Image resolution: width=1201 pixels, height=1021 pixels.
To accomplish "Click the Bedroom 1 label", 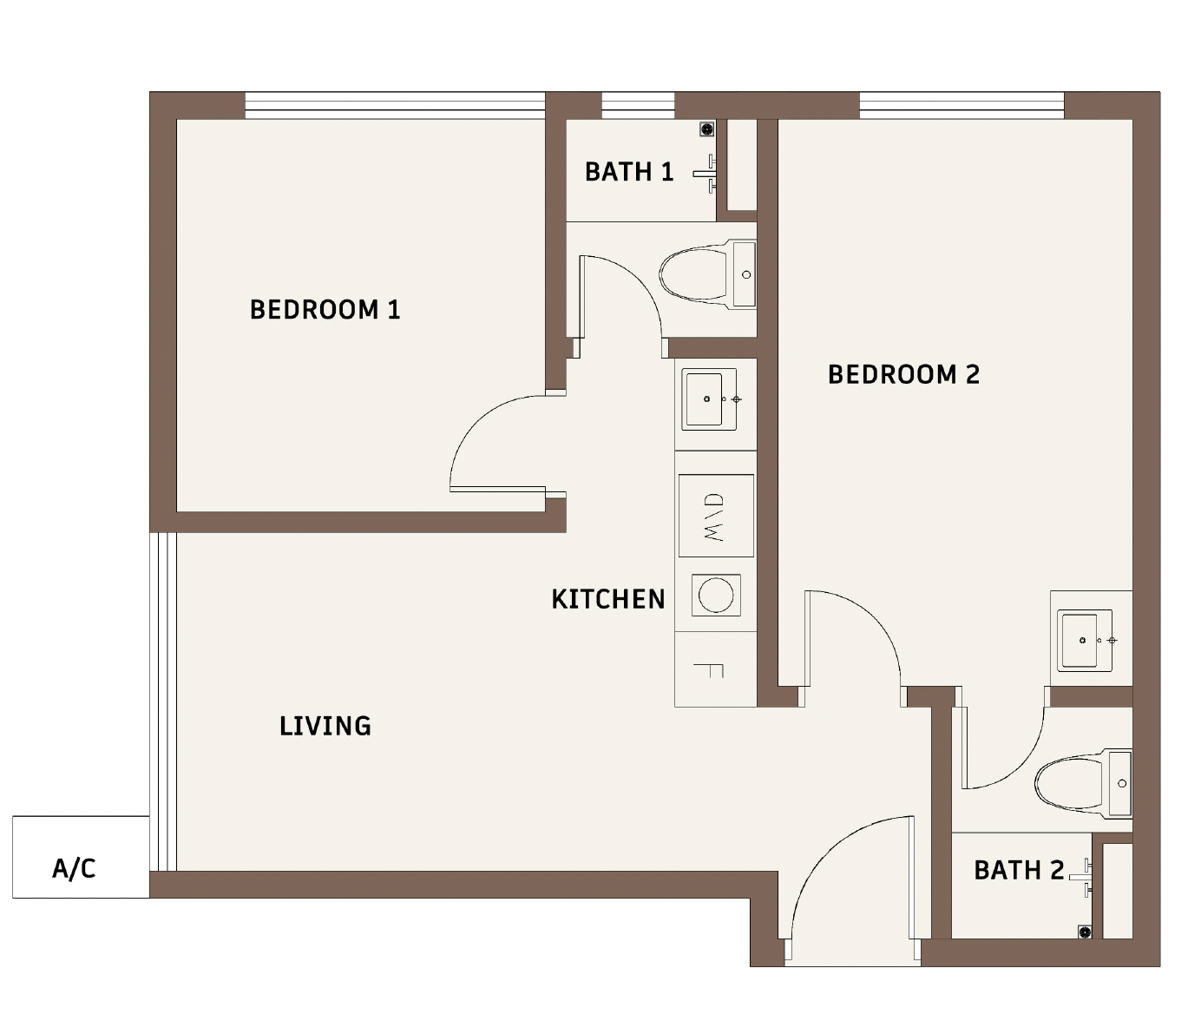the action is [325, 309].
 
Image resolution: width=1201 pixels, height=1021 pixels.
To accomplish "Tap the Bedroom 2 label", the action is [903, 374].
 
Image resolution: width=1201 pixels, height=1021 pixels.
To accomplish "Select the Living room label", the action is [325, 726].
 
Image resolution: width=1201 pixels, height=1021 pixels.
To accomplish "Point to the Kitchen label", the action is [607, 599].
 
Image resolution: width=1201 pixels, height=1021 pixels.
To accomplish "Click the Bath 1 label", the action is [628, 172].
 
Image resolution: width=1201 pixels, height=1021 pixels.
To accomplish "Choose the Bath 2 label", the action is [1019, 870].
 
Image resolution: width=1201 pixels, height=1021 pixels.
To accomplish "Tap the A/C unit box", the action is [81, 857].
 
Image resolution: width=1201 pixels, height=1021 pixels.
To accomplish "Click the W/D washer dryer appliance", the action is [716, 516].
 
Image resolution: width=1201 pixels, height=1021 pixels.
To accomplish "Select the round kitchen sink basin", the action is [716, 596].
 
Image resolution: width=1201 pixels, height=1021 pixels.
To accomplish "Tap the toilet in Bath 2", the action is [1083, 783].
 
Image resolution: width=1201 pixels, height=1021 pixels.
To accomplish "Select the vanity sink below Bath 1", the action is [709, 399].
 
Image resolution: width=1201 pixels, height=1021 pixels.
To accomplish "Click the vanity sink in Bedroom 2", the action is [1085, 640].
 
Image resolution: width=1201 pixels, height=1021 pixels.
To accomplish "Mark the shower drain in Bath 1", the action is [706, 129].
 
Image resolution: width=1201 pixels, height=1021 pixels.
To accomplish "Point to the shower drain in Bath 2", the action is [1084, 932].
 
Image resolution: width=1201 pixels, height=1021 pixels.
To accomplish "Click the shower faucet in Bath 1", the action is [707, 174].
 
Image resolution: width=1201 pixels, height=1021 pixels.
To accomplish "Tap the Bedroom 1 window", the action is [395, 105].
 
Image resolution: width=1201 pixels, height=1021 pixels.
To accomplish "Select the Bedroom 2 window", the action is [961, 105].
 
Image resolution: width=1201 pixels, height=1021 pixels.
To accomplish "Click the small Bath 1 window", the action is [638, 105].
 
